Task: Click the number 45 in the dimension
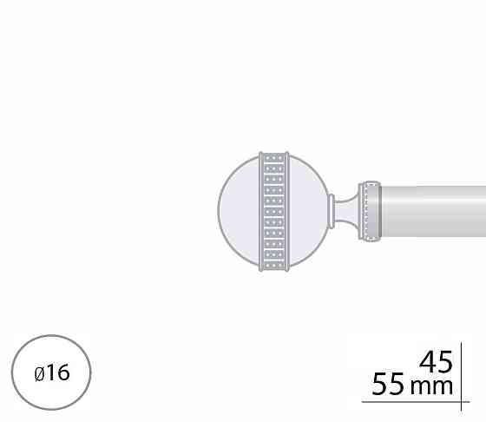[x=436, y=362]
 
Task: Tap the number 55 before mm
[x=388, y=384]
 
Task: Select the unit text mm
[x=431, y=387]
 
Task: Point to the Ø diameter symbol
[x=40, y=373]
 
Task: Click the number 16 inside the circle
[x=58, y=373]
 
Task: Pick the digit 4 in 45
[x=427, y=362]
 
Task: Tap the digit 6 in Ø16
[x=63, y=373]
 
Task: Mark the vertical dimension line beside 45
[x=461, y=377]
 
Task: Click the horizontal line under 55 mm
[x=416, y=402]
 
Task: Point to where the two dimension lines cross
[x=461, y=402]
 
